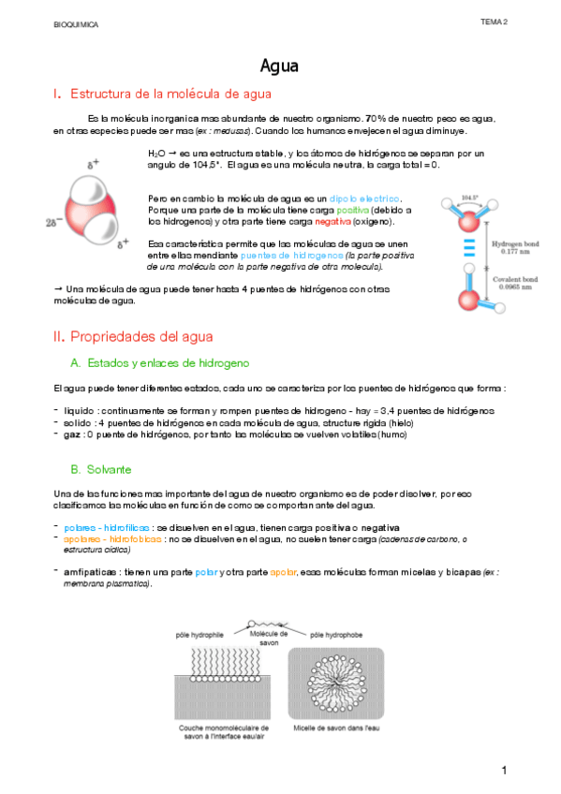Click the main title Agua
pos(279,66)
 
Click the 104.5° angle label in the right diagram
pos(471,198)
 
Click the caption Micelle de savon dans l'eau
pos(334,726)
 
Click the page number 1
pos(504,771)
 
